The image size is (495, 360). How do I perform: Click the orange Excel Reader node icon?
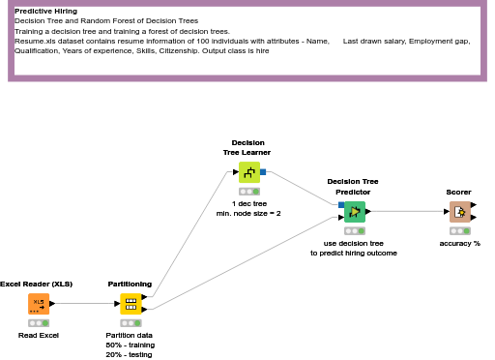pyautogui.click(x=39, y=304)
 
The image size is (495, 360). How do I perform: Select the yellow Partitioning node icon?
pyautogui.click(x=131, y=304)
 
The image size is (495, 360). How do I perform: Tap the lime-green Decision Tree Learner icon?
pyautogui.click(x=249, y=172)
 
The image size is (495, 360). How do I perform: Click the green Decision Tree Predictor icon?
pyautogui.click(x=355, y=212)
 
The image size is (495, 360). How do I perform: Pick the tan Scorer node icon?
pyautogui.click(x=460, y=212)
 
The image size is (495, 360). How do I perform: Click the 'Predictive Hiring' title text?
pyautogui.click(x=46, y=12)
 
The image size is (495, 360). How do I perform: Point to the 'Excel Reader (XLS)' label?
pyautogui.click(x=36, y=285)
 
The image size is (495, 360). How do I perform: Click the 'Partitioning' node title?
pyautogui.click(x=130, y=285)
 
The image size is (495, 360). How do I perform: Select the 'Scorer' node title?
pyautogui.click(x=458, y=193)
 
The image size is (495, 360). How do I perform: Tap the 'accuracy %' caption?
pyautogui.click(x=460, y=244)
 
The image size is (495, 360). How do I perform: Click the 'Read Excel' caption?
pyautogui.click(x=39, y=336)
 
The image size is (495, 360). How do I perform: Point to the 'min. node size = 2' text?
pyautogui.click(x=248, y=214)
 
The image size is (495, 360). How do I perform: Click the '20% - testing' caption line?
pyautogui.click(x=129, y=355)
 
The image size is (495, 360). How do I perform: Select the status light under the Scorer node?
pyautogui.click(x=460, y=231)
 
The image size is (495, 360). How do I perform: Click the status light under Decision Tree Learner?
pyautogui.click(x=249, y=192)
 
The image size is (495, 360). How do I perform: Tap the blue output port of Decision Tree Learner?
pyautogui.click(x=263, y=172)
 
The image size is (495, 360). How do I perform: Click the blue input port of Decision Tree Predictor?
pyautogui.click(x=341, y=205)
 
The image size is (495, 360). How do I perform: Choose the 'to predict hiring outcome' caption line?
pyautogui.click(x=354, y=254)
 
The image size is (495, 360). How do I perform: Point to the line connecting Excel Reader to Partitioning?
pyautogui.click(x=85, y=304)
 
